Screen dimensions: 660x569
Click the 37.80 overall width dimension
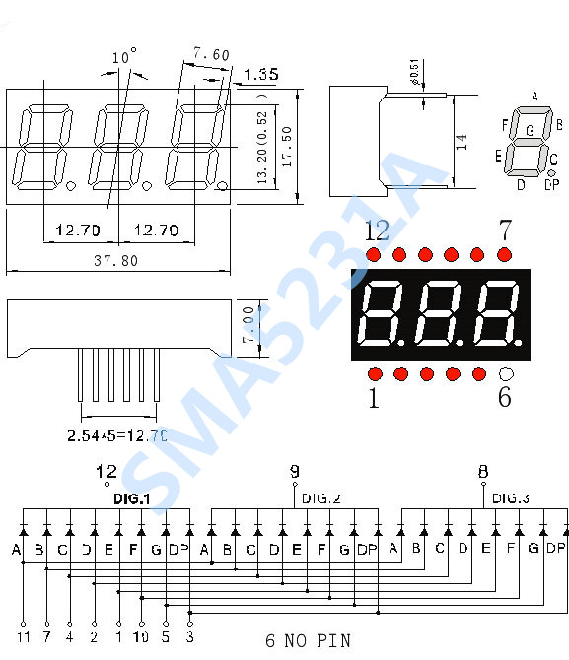pos(115,260)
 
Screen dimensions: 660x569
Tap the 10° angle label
pos(124,58)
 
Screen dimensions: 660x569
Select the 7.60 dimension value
pos(211,55)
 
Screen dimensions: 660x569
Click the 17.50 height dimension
pos(286,146)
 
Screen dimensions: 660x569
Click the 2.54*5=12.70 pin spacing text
pos(117,434)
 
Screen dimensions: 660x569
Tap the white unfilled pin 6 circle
pos(506,374)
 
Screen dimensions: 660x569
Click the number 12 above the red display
pos(377,231)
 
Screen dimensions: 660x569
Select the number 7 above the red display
pos(504,231)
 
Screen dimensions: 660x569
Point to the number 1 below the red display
pos(373,398)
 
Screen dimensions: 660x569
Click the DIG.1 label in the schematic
pos(131,499)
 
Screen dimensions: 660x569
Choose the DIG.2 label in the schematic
pos(320,498)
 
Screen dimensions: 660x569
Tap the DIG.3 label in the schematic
pos(511,498)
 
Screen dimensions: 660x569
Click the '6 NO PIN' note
pos(308,640)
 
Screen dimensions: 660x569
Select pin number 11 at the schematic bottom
pos(23,637)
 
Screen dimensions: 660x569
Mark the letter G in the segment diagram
pos(530,130)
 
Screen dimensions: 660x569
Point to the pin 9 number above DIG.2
pos(294,471)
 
